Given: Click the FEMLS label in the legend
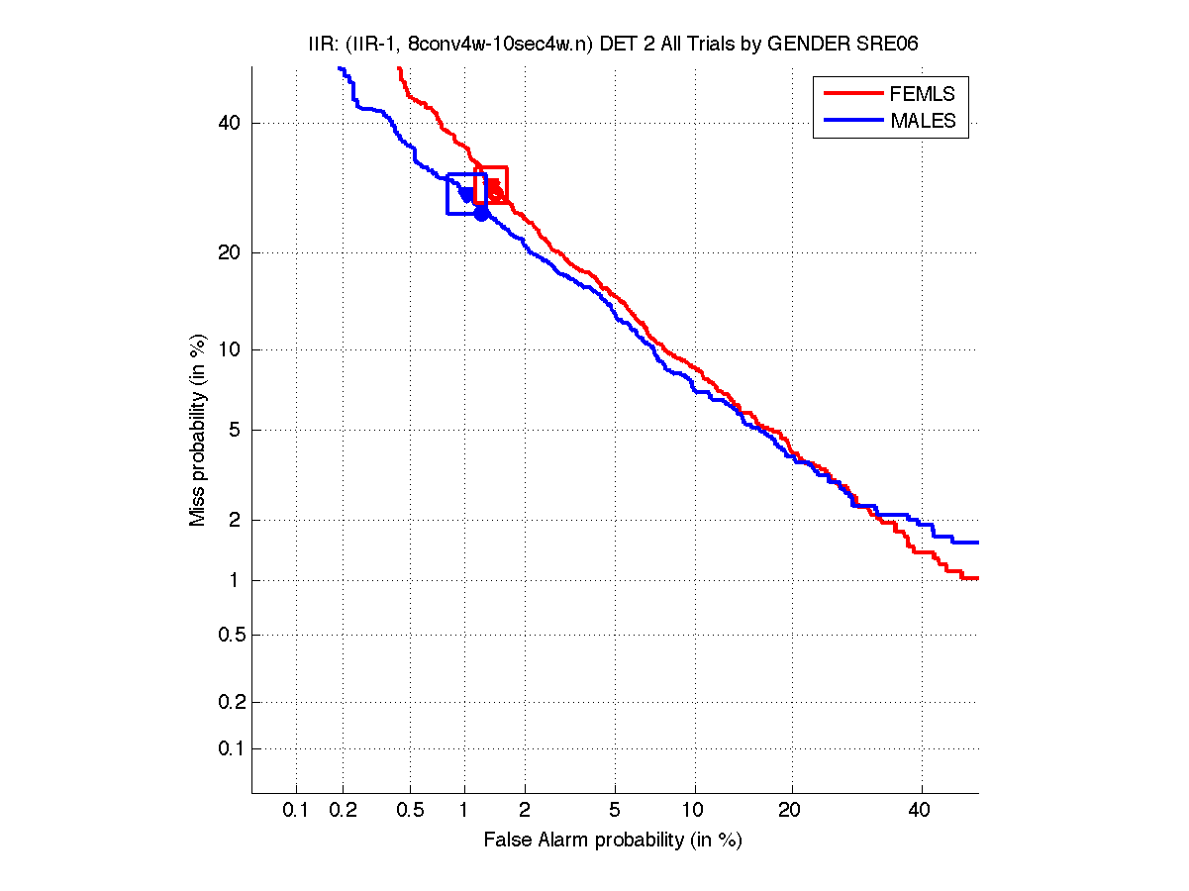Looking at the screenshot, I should pos(922,94).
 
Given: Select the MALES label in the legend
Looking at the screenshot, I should pos(923,121).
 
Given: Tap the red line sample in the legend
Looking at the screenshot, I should pos(852,94).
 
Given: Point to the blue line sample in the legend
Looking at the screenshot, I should pos(852,121).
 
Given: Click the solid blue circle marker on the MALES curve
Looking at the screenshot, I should pos(481,213).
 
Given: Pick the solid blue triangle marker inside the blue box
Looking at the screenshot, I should pos(466,195).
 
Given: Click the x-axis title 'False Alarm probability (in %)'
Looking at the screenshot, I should pos(613,841).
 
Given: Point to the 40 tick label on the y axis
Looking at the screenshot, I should pos(228,123).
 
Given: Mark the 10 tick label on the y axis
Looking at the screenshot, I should pos(228,349).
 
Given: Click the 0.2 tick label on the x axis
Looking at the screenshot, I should pos(343,811).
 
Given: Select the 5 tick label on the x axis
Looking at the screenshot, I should pos(615,811).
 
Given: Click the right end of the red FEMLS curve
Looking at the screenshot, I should pos(976,577).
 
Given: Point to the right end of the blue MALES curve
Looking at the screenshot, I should pos(976,542).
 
